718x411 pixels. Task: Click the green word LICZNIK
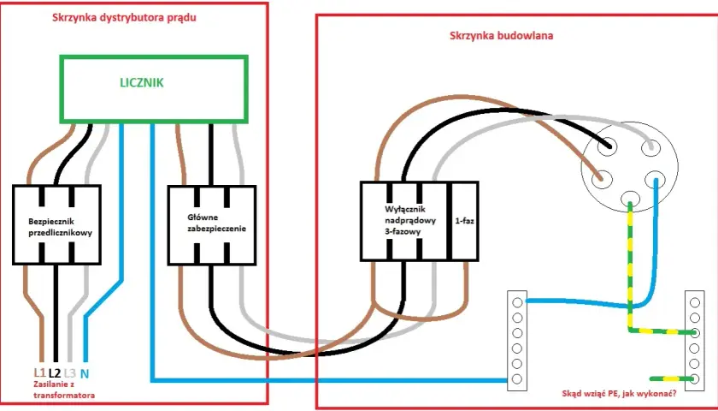coord(142,83)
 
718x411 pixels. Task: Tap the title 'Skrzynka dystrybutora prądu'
coord(125,18)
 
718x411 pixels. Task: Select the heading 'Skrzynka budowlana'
coord(502,35)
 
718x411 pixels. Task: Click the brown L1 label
coord(39,373)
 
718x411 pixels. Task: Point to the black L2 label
coord(55,373)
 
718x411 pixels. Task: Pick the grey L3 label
coord(69,373)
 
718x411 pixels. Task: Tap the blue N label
coord(85,373)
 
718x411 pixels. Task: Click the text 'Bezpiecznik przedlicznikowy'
coord(61,227)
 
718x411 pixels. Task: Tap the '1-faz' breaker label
coord(465,221)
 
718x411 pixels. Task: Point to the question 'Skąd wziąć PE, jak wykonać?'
coord(620,394)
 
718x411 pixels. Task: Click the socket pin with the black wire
coord(607,146)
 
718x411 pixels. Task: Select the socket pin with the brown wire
coord(602,179)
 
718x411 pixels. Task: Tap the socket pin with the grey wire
coord(650,147)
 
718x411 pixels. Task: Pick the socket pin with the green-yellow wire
coord(630,198)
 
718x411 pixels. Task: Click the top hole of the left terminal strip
coord(517,302)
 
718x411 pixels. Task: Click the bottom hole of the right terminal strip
coord(695,378)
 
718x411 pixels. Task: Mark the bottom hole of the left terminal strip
coord(517,378)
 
